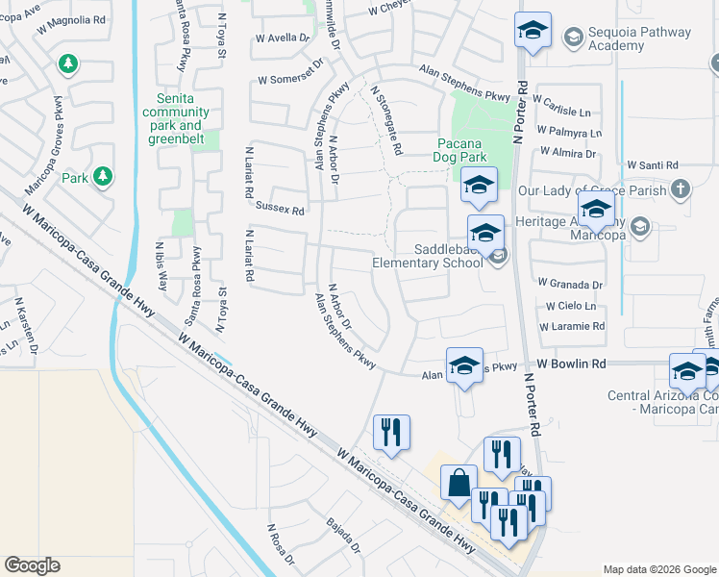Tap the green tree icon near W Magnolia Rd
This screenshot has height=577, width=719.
pyautogui.click(x=67, y=63)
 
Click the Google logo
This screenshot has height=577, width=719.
pyautogui.click(x=33, y=565)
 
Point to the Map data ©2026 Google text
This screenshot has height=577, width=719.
pyautogui.click(x=657, y=569)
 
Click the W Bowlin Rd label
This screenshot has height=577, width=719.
pyautogui.click(x=572, y=364)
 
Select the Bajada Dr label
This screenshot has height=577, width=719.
pyautogui.click(x=343, y=536)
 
